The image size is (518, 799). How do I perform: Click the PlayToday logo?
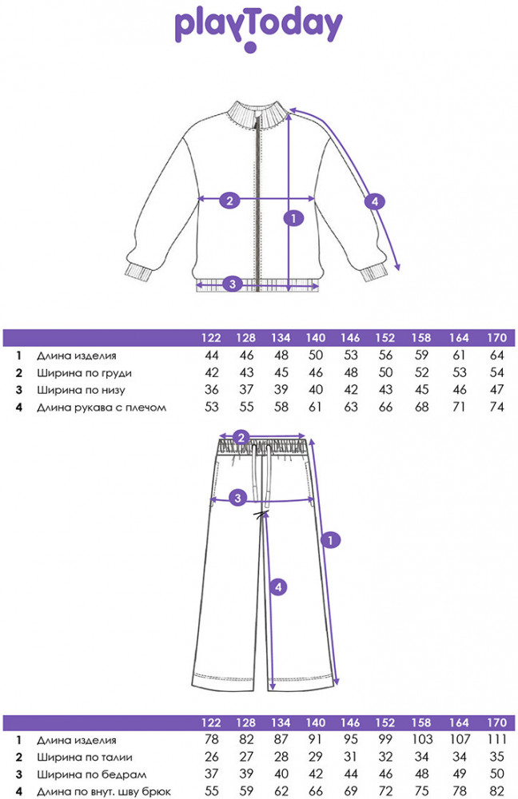point(258,27)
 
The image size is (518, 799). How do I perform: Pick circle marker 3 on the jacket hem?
point(232,283)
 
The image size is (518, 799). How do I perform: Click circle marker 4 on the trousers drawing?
point(277,587)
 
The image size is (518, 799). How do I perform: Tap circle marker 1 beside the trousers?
point(327,541)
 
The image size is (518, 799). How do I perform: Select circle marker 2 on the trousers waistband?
point(241,436)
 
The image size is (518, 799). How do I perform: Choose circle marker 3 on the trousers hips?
point(237,499)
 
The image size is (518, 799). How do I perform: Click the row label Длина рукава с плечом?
point(102,408)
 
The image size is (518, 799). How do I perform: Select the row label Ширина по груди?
point(84,373)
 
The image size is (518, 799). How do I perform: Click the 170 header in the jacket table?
point(497,338)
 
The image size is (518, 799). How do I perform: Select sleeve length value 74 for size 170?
point(497,408)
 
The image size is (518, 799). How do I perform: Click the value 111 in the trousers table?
point(496,740)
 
